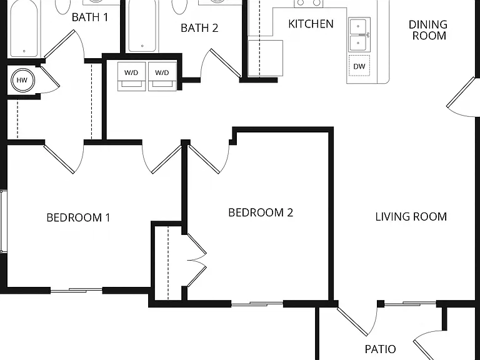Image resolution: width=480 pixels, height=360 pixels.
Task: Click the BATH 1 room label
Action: click(x=90, y=17)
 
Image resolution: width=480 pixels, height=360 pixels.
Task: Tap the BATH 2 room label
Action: click(x=199, y=28)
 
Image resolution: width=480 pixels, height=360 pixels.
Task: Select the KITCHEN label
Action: click(x=311, y=24)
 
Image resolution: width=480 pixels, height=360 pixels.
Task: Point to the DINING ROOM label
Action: click(x=428, y=30)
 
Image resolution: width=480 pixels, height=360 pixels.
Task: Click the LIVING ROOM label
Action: click(x=411, y=217)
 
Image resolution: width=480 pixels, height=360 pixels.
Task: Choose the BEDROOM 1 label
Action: click(x=78, y=217)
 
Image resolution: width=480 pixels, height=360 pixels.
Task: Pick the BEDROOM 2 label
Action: click(x=261, y=212)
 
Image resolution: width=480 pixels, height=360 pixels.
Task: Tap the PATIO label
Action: click(x=380, y=349)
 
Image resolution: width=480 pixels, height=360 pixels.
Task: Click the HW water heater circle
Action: click(x=22, y=80)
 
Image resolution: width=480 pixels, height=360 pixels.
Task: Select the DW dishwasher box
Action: click(x=359, y=66)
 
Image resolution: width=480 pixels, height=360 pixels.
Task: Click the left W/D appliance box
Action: click(x=132, y=76)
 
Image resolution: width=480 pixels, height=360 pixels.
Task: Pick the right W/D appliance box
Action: click(x=162, y=76)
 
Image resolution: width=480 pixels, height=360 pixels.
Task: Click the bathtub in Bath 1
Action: click(x=24, y=29)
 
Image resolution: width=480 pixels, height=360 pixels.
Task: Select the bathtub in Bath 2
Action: click(x=142, y=26)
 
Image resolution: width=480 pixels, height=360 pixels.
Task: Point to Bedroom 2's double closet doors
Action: click(x=196, y=260)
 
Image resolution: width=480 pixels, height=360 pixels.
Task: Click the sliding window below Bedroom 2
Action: click(x=257, y=304)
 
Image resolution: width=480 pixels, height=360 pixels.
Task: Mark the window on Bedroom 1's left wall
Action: click(x=3, y=221)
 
